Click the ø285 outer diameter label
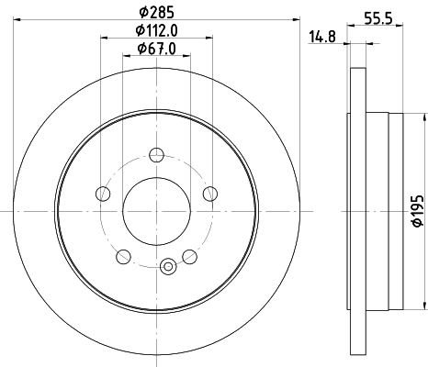[157, 13]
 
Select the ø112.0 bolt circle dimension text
[157, 31]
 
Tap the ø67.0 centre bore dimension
[156, 49]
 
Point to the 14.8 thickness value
[321, 38]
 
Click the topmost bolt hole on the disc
[157, 154]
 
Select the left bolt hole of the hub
[103, 193]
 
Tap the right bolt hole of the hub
[210, 193]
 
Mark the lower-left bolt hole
[124, 256]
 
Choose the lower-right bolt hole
[189, 256]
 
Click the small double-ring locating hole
[167, 267]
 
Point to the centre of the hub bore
[157, 210]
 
